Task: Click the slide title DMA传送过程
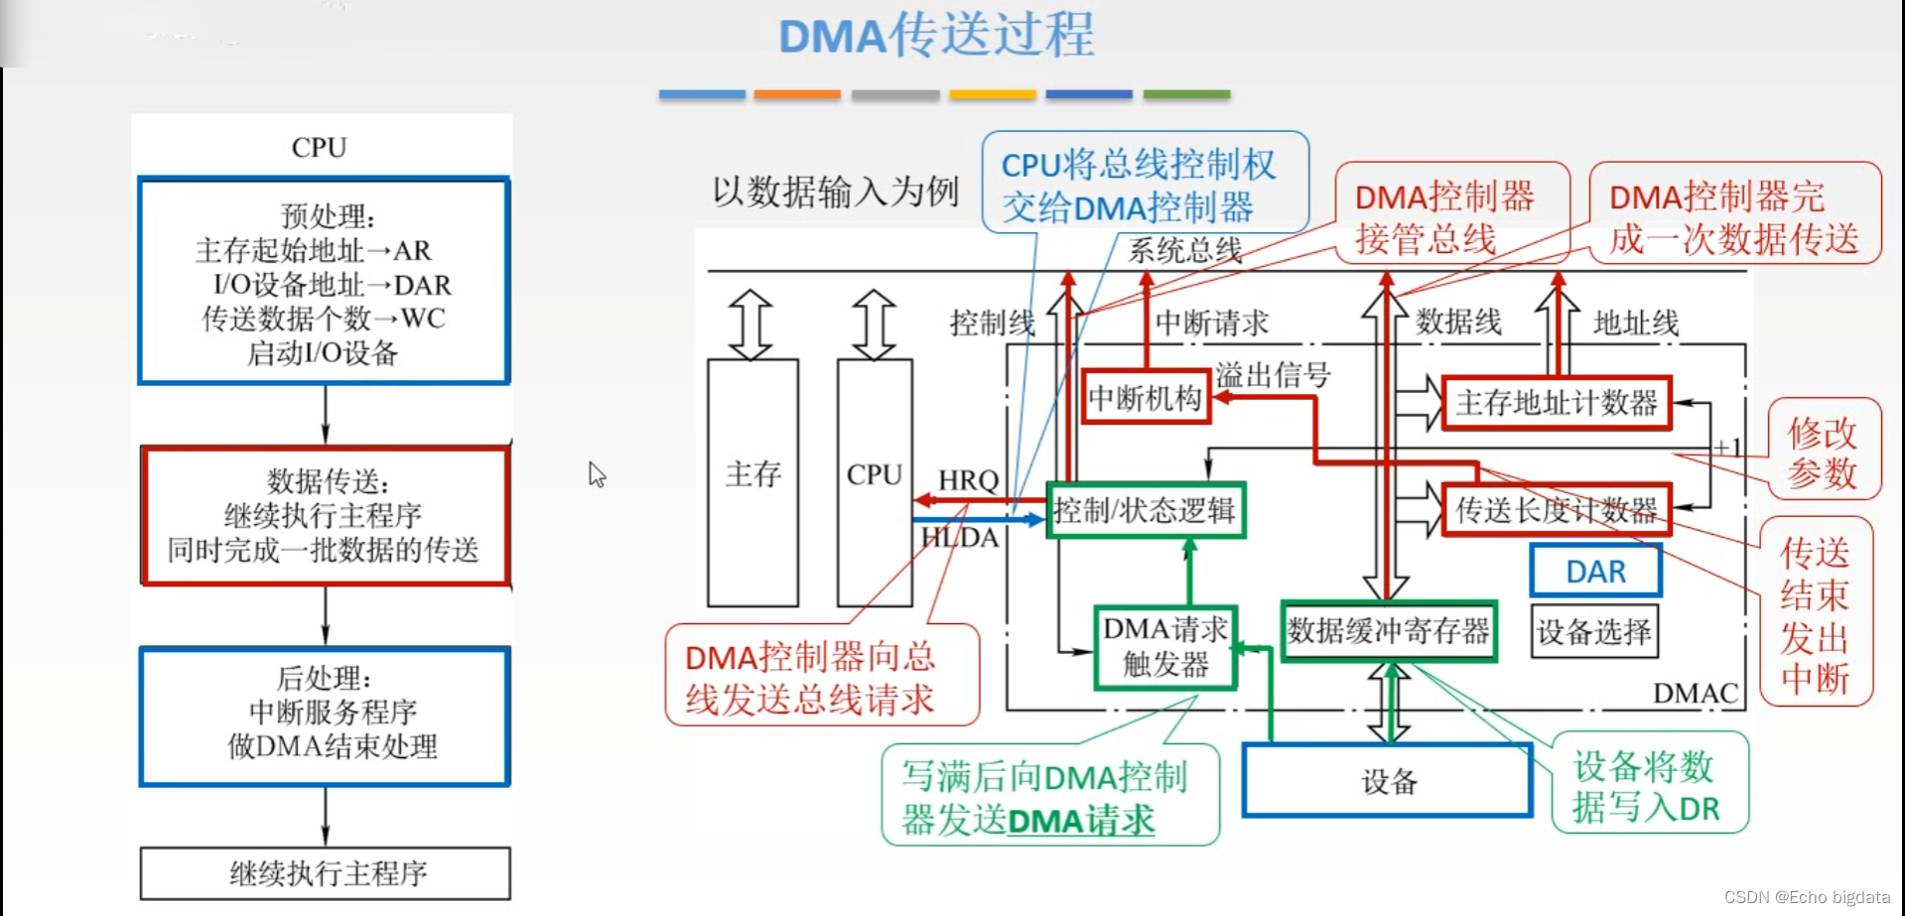pyautogui.click(x=935, y=36)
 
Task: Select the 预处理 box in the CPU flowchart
pyautogui.click(x=324, y=281)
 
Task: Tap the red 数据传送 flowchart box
pyautogui.click(x=325, y=515)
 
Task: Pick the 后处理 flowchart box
pyautogui.click(x=325, y=716)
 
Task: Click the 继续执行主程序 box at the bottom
pyautogui.click(x=326, y=873)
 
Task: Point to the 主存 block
pyautogui.click(x=752, y=481)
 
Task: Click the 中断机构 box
pyautogui.click(x=1145, y=398)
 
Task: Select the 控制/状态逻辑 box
pyautogui.click(x=1145, y=510)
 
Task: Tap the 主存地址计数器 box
pyautogui.click(x=1556, y=403)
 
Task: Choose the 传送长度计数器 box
pyautogui.click(x=1556, y=510)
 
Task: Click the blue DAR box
pyautogui.click(x=1595, y=571)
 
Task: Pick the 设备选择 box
pyautogui.click(x=1593, y=631)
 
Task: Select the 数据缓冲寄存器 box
pyautogui.click(x=1388, y=631)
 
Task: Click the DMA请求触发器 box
pyautogui.click(x=1165, y=647)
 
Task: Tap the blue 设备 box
pyautogui.click(x=1388, y=781)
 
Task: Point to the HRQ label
pyautogui.click(x=968, y=480)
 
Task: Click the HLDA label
pyautogui.click(x=959, y=538)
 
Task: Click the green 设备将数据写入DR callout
pyautogui.click(x=1648, y=786)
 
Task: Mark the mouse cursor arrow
pyautogui.click(x=596, y=473)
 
